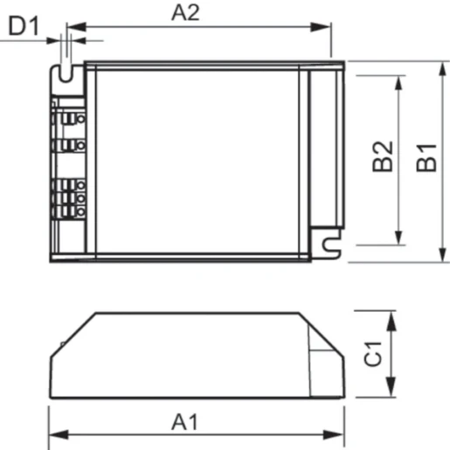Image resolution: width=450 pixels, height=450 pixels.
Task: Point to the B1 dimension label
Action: coord(426,158)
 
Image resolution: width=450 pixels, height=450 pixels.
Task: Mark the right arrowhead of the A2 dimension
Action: coord(325,26)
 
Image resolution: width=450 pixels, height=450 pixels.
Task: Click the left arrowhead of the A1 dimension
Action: coord(55,434)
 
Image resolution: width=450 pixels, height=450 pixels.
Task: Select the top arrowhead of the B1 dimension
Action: coord(441,68)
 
